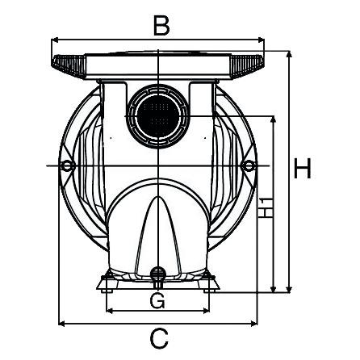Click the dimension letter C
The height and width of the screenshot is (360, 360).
click(160, 338)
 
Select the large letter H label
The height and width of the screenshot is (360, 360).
click(303, 169)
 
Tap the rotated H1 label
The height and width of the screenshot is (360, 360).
click(267, 207)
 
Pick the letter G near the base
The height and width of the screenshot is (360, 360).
click(158, 301)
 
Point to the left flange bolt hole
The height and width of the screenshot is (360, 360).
click(68, 166)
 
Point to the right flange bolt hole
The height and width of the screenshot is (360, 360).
click(249, 166)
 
